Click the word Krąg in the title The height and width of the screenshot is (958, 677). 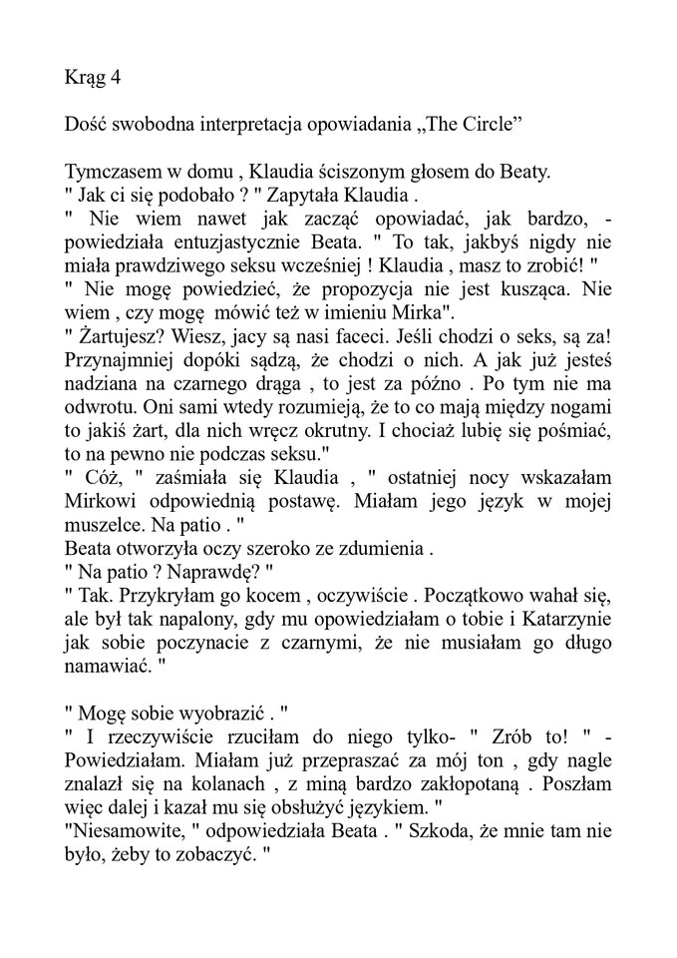pos(84,77)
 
